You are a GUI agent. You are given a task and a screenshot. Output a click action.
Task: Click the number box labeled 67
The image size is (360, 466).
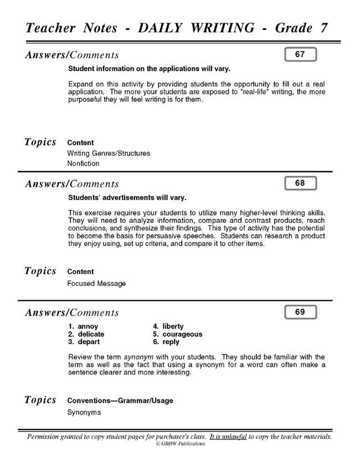[300, 54]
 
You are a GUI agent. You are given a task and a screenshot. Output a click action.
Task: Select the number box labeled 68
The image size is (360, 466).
[300, 183]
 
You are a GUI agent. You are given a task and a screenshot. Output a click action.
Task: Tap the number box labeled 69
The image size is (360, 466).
[300, 312]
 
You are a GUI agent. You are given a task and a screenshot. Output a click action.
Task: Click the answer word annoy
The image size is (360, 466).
[88, 326]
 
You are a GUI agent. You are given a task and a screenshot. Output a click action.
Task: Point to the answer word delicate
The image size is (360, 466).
[91, 334]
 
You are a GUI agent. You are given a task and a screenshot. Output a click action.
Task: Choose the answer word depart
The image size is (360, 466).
[89, 342]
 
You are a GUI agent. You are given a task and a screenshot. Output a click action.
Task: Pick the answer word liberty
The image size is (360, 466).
[173, 326]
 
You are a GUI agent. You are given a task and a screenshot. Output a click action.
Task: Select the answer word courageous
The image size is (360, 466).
[182, 334]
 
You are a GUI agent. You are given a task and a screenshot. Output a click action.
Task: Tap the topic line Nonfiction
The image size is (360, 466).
[83, 163]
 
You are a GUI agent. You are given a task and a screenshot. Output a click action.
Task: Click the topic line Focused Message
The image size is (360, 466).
[96, 284]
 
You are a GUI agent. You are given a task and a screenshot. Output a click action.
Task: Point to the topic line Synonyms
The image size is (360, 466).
[84, 412]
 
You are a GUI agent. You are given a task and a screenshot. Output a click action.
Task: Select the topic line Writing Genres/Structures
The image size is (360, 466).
[109, 153]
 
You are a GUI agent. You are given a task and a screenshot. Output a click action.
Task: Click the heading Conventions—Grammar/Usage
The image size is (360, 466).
[120, 400]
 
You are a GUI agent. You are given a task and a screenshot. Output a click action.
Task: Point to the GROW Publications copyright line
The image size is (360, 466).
[180, 444]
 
